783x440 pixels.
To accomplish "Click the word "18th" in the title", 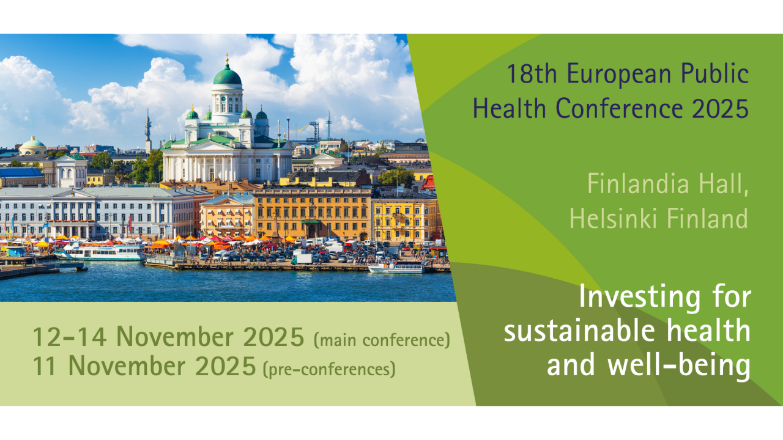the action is point(531,74).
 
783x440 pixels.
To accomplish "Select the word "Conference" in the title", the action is point(619,108).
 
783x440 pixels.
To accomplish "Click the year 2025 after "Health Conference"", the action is point(721,108).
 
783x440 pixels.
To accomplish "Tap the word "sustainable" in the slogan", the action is point(579,331).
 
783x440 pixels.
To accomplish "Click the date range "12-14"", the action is point(70,337).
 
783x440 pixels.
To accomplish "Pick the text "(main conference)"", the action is point(382,340).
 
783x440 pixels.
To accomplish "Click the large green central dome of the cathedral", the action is point(227,75).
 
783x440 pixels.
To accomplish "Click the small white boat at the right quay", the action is point(396,268).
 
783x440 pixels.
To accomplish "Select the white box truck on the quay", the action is point(302,258).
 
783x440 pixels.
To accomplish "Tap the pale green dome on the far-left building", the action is point(32,142).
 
